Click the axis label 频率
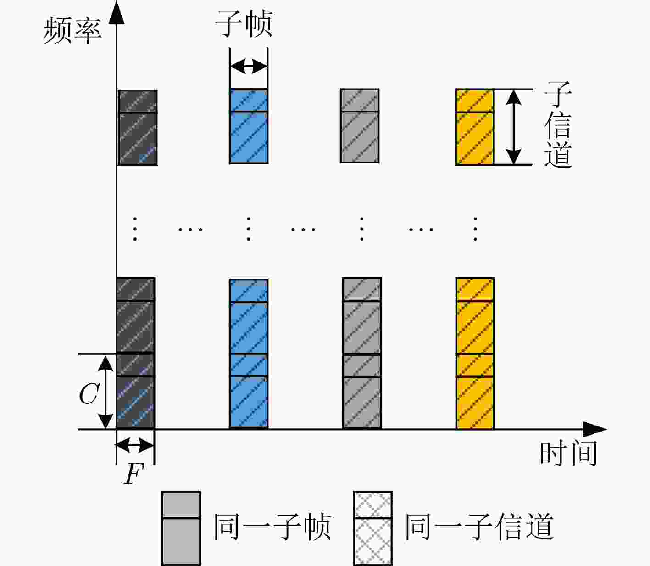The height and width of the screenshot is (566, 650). point(72,30)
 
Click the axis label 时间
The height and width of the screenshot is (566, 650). point(568,453)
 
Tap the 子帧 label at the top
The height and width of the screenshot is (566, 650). point(244,23)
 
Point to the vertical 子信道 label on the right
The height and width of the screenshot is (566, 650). point(558,124)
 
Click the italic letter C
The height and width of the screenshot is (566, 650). point(89,393)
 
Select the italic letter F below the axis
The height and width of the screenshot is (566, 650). point(133,473)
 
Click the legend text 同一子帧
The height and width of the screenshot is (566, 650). point(272,527)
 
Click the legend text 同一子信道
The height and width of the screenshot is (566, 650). point(480,527)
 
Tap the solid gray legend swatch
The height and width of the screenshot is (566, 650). point(181,528)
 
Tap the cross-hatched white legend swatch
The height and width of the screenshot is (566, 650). point(372,528)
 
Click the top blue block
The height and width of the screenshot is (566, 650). point(249,127)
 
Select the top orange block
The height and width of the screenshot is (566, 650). point(475,127)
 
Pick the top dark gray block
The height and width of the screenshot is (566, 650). point(138,128)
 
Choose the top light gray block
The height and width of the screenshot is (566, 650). point(360,126)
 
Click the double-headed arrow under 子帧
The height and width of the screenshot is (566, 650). point(249,67)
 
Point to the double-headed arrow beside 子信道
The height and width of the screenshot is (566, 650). point(513,127)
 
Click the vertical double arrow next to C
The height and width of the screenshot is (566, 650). point(106,392)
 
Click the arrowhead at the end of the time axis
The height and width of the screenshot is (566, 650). point(595,429)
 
